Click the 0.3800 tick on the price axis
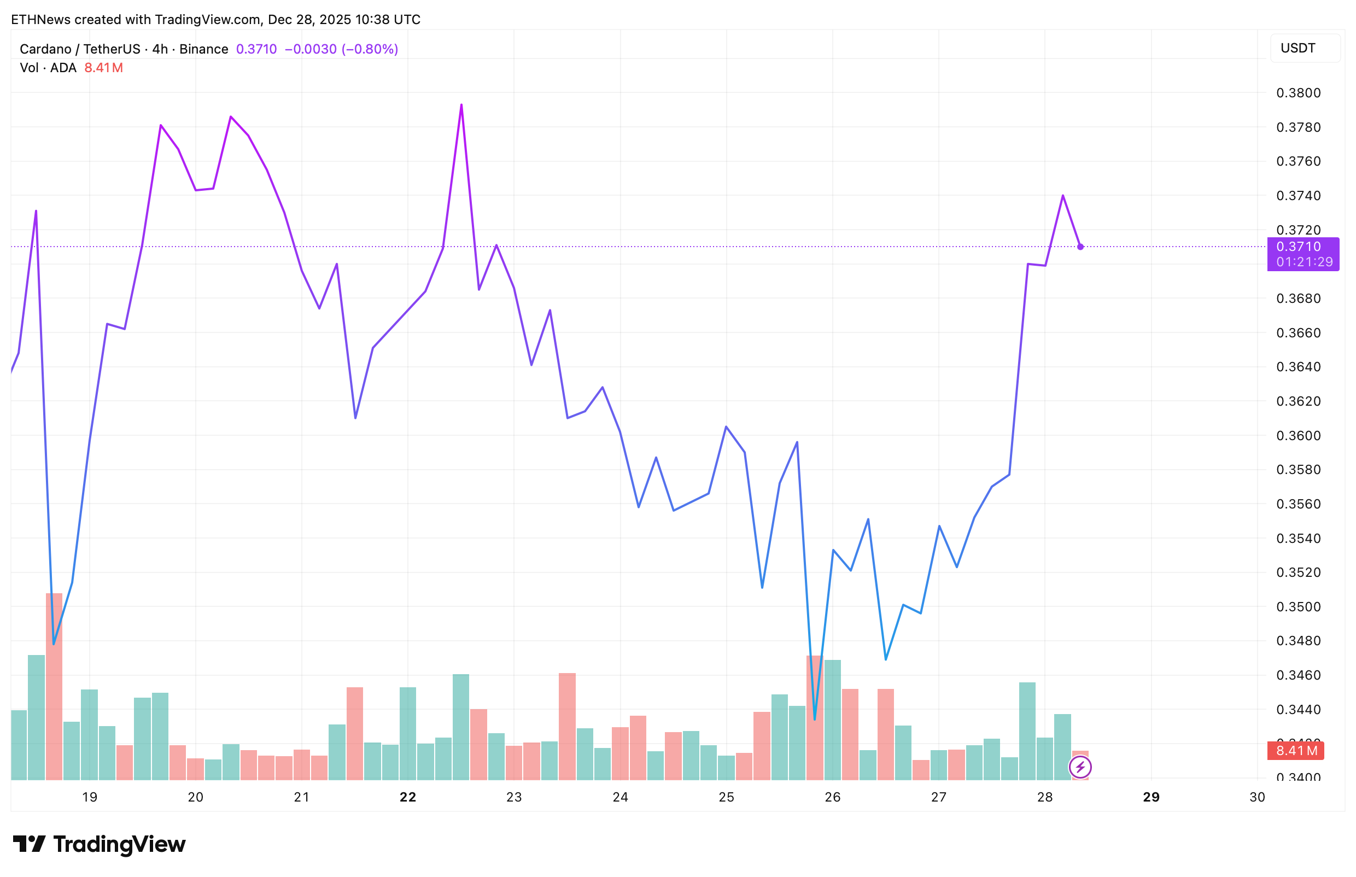[1298, 93]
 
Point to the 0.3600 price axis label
[1298, 436]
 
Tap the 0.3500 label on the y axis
[1298, 607]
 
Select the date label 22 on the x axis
[408, 797]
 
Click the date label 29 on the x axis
[1151, 797]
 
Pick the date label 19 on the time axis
[90, 797]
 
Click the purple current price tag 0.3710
[1298, 247]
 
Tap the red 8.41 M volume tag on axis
[1296, 751]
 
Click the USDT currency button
[1298, 48]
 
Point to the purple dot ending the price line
[1080, 247]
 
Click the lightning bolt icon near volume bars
[1080, 767]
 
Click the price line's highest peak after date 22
[461, 105]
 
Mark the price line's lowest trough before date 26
[815, 719]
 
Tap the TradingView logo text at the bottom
[119, 844]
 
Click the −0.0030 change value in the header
[311, 49]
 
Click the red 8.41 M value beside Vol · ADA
[103, 68]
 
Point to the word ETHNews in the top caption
[40, 19]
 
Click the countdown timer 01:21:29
[1304, 262]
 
